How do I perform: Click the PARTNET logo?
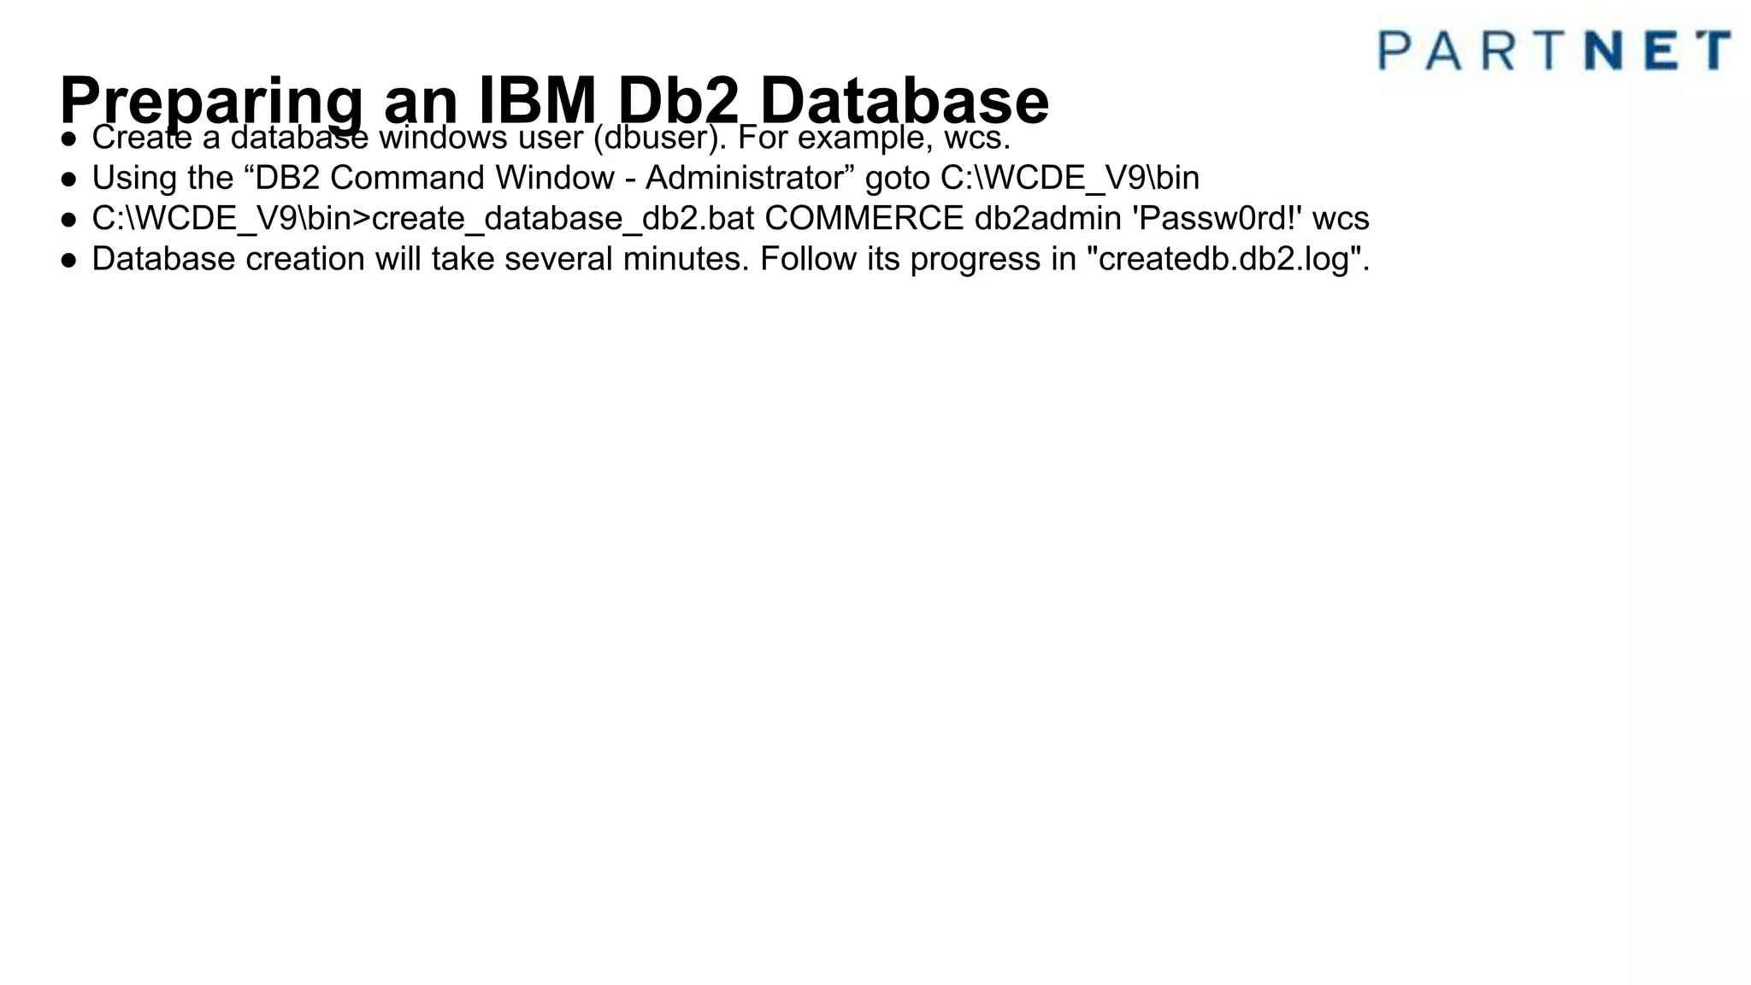pyautogui.click(x=1554, y=50)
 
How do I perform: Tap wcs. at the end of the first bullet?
pyautogui.click(x=977, y=137)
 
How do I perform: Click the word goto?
pyautogui.click(x=898, y=179)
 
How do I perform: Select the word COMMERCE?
pyautogui.click(x=864, y=219)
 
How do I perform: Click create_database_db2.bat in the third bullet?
pyautogui.click(x=563, y=219)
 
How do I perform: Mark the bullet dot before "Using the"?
pyautogui.click(x=68, y=179)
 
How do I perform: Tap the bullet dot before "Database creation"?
pyautogui.click(x=68, y=260)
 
